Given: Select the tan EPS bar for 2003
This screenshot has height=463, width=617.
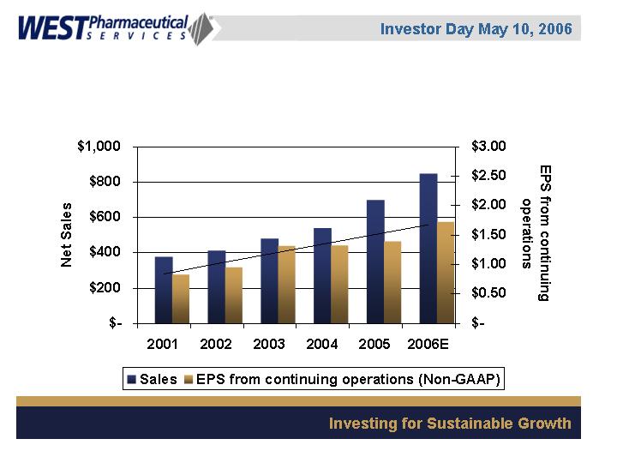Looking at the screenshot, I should pyautogui.click(x=286, y=285).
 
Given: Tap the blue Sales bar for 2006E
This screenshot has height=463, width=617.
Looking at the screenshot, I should pyautogui.click(x=428, y=249).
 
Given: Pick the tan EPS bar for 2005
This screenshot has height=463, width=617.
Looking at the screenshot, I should pyautogui.click(x=392, y=282).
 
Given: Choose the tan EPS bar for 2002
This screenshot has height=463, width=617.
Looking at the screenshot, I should pyautogui.click(x=234, y=295).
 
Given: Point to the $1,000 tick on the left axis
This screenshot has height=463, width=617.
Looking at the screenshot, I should pyautogui.click(x=99, y=147).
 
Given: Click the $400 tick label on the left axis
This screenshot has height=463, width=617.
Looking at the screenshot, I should pyautogui.click(x=105, y=252).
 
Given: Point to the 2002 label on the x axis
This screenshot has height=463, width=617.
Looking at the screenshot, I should pyautogui.click(x=216, y=345).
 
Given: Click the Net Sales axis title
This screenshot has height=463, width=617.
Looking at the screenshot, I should pyautogui.click(x=67, y=235).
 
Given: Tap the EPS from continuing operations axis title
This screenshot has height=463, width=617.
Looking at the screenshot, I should pyautogui.click(x=534, y=232).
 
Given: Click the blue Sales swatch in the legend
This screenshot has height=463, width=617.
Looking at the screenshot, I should pyautogui.click(x=131, y=378).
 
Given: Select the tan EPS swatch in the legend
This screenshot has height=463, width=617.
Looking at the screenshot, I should pyautogui.click(x=189, y=378).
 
